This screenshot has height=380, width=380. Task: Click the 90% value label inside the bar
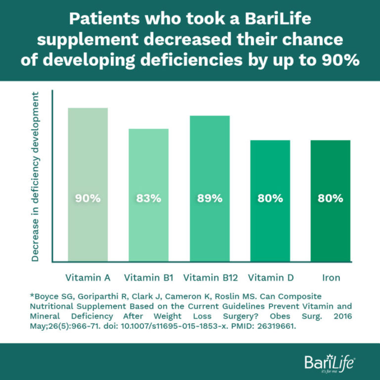[88, 198]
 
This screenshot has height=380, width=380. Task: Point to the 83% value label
[148, 198]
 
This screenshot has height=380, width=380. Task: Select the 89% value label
[209, 198]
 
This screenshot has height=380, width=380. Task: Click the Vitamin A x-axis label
[88, 277]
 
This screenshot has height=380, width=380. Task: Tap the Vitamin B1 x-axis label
[148, 277]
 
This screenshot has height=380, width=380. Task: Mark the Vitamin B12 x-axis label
[209, 277]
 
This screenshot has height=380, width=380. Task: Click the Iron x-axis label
[331, 277]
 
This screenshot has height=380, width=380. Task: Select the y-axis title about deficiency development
[35, 175]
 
